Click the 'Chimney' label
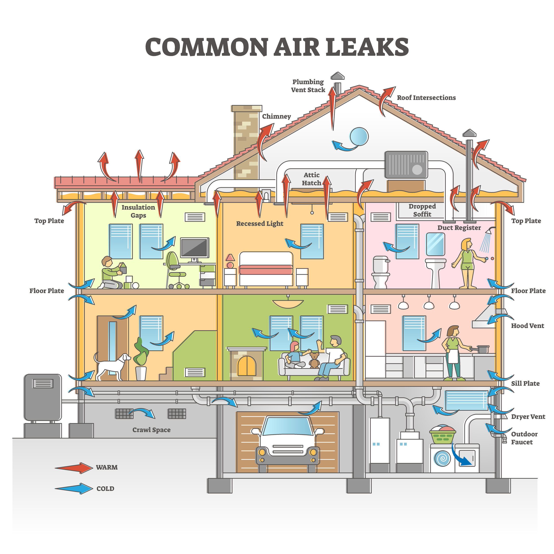(276, 116)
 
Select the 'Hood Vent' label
(527, 326)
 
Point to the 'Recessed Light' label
(259, 224)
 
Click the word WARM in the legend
(107, 467)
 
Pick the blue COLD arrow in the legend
(74, 488)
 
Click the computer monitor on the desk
(194, 248)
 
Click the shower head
(492, 230)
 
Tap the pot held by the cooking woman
(483, 349)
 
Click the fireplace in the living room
(247, 364)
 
